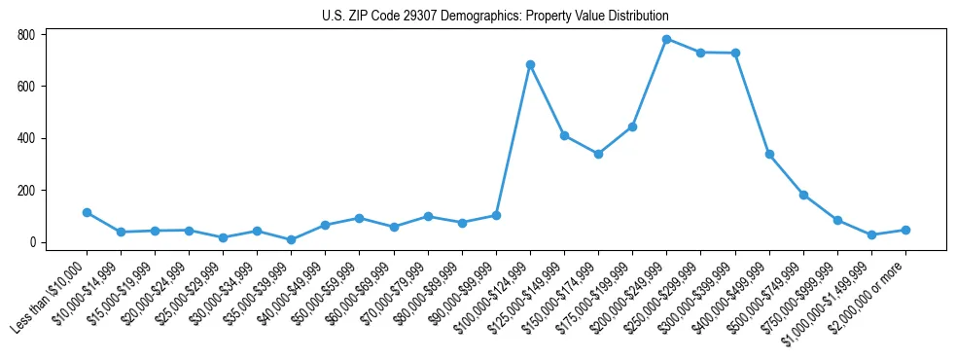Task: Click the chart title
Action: (x=495, y=17)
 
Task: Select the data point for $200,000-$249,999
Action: (x=666, y=39)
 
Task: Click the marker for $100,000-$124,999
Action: (x=530, y=64)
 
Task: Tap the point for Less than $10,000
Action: (x=87, y=212)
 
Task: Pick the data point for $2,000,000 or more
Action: (x=905, y=230)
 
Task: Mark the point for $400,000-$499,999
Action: (x=769, y=154)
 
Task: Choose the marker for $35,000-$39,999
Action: (x=291, y=239)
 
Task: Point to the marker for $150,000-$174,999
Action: (x=598, y=154)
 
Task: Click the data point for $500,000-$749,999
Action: (x=803, y=195)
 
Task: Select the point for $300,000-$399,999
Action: (x=735, y=53)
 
